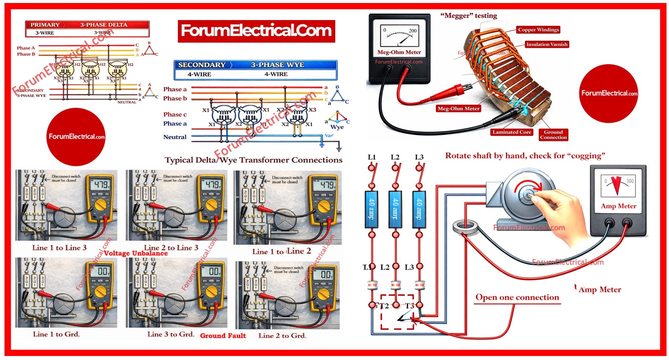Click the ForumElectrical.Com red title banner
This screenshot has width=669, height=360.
pyautogui.click(x=256, y=31)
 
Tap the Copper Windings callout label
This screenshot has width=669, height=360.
pyautogui.click(x=538, y=30)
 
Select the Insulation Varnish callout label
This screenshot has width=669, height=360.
pyautogui.click(x=547, y=45)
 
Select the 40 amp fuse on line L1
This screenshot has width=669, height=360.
pyautogui.click(x=372, y=203)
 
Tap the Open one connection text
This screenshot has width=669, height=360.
pyautogui.click(x=517, y=297)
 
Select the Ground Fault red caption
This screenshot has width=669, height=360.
pyautogui.click(x=223, y=335)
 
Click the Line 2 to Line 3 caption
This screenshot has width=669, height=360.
pyautogui.click(x=170, y=248)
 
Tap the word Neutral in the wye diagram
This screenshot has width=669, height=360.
pyautogui.click(x=175, y=137)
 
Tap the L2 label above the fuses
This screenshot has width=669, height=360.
pyautogui.click(x=395, y=157)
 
